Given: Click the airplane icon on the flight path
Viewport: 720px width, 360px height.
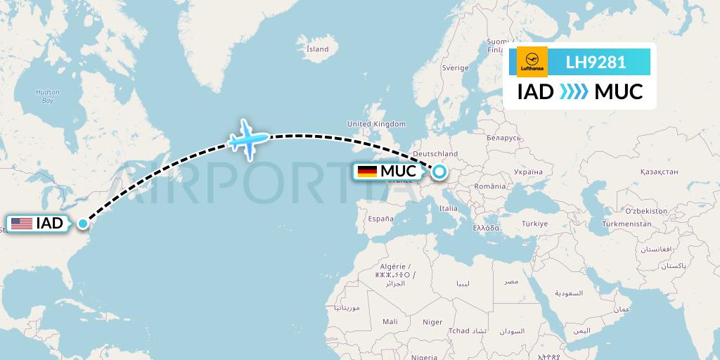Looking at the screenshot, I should [x=248, y=139].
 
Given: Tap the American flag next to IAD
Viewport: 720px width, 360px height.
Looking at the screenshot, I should [x=21, y=224].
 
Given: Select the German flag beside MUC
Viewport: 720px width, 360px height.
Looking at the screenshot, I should [x=367, y=171].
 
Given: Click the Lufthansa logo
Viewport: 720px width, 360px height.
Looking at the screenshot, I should [x=532, y=62].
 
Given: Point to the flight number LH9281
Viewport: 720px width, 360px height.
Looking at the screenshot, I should [x=596, y=62].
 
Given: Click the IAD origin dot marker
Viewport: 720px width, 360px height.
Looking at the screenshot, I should [x=83, y=224].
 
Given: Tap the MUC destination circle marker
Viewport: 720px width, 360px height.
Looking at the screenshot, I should [x=439, y=171].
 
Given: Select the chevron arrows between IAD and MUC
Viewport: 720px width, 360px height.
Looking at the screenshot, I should [x=574, y=91].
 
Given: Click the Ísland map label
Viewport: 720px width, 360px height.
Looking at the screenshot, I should [x=317, y=49].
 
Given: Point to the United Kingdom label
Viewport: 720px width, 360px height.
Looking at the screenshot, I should [x=376, y=124].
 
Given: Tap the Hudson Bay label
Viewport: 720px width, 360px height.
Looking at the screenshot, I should [x=48, y=96].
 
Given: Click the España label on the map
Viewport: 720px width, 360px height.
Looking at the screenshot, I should [x=380, y=218].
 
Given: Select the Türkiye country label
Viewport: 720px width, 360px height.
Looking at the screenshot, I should [x=534, y=224].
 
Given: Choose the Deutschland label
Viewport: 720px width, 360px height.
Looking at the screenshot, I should [x=436, y=154].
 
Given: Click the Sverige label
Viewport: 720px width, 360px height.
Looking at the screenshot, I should [x=455, y=67].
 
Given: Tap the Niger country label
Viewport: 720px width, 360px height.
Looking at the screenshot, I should [x=432, y=322].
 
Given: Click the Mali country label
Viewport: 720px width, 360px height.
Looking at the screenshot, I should [x=390, y=321].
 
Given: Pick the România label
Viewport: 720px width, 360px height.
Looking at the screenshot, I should [x=490, y=186].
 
